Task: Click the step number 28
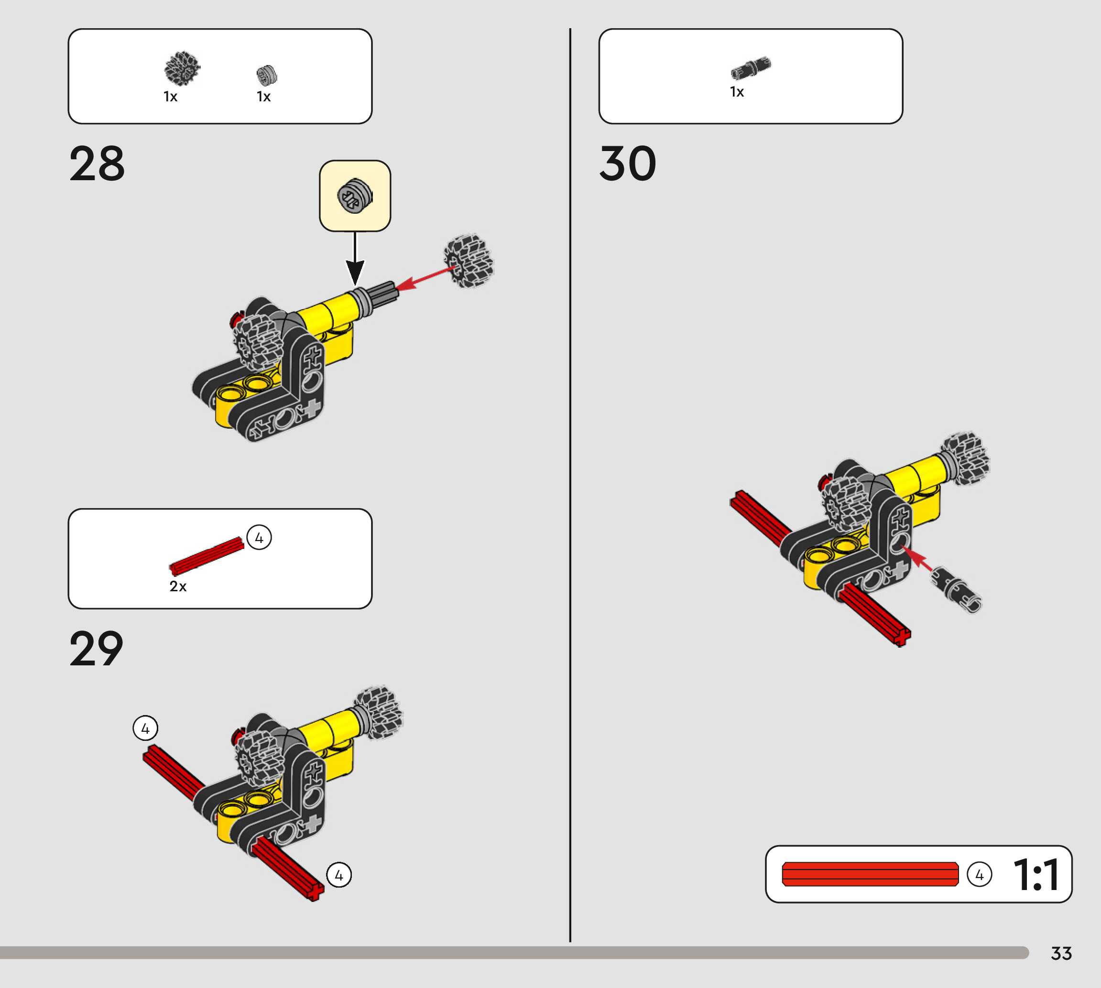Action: click(x=97, y=163)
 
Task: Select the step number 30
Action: click(x=628, y=163)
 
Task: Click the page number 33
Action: click(x=1061, y=953)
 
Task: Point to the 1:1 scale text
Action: click(x=1036, y=875)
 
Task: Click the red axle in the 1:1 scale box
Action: click(x=870, y=874)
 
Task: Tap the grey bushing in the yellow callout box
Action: click(x=355, y=195)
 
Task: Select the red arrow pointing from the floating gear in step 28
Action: click(x=426, y=277)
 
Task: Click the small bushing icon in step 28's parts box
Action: click(x=266, y=75)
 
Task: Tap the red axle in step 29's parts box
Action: click(x=207, y=556)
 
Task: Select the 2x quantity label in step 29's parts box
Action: click(x=177, y=586)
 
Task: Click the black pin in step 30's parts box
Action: click(x=750, y=68)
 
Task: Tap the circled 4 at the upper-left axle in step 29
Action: click(x=145, y=728)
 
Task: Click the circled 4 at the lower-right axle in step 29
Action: click(x=339, y=875)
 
